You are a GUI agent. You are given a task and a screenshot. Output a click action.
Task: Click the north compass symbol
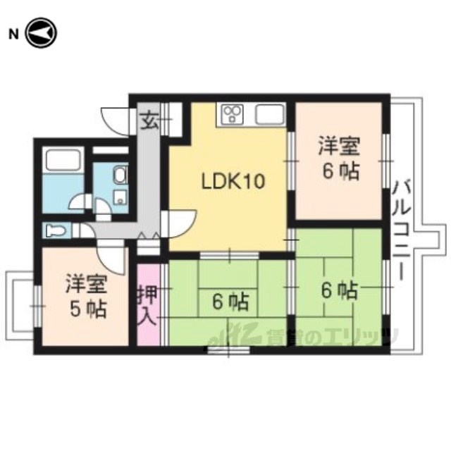[x=42, y=33]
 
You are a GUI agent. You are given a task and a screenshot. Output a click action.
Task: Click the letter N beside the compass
[x=13, y=35]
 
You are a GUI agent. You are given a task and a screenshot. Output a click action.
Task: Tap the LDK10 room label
[x=233, y=182]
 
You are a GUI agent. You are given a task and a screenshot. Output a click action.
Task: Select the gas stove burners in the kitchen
[x=233, y=114]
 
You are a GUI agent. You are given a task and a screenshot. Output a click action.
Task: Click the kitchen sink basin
[x=269, y=114]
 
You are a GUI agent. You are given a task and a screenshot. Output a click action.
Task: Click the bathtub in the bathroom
[x=63, y=160]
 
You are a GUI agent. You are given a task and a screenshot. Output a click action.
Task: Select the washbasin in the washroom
[x=121, y=175]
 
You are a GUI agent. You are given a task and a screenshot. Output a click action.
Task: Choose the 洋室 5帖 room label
[x=87, y=297]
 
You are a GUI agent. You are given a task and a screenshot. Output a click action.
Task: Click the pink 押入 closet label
[x=148, y=305]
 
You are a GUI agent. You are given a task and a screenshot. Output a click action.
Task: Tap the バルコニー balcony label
[x=402, y=230]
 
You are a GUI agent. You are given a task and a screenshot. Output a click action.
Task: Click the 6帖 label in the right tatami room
[x=340, y=291]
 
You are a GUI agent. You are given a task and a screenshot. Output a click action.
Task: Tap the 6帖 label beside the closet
[x=230, y=302]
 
